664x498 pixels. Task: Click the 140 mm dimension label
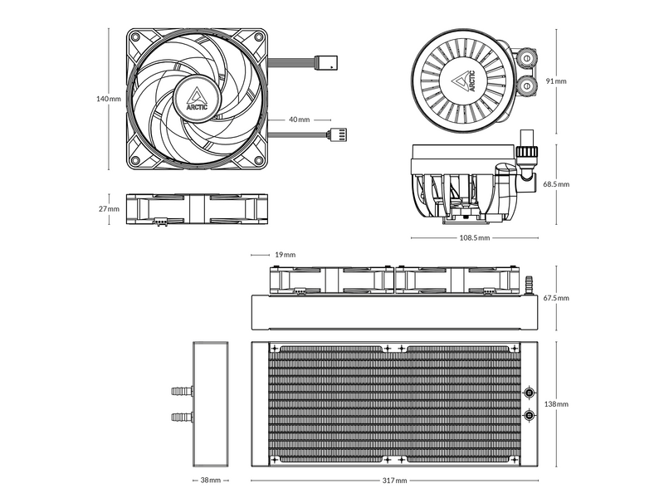(108, 99)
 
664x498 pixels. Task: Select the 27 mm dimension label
(109, 209)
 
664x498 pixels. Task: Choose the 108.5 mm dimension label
(474, 238)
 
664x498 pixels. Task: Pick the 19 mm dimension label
(285, 255)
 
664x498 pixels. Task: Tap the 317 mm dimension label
(395, 481)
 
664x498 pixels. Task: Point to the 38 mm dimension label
(210, 481)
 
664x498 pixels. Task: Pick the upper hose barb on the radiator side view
(180, 389)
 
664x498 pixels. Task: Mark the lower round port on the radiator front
(530, 415)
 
